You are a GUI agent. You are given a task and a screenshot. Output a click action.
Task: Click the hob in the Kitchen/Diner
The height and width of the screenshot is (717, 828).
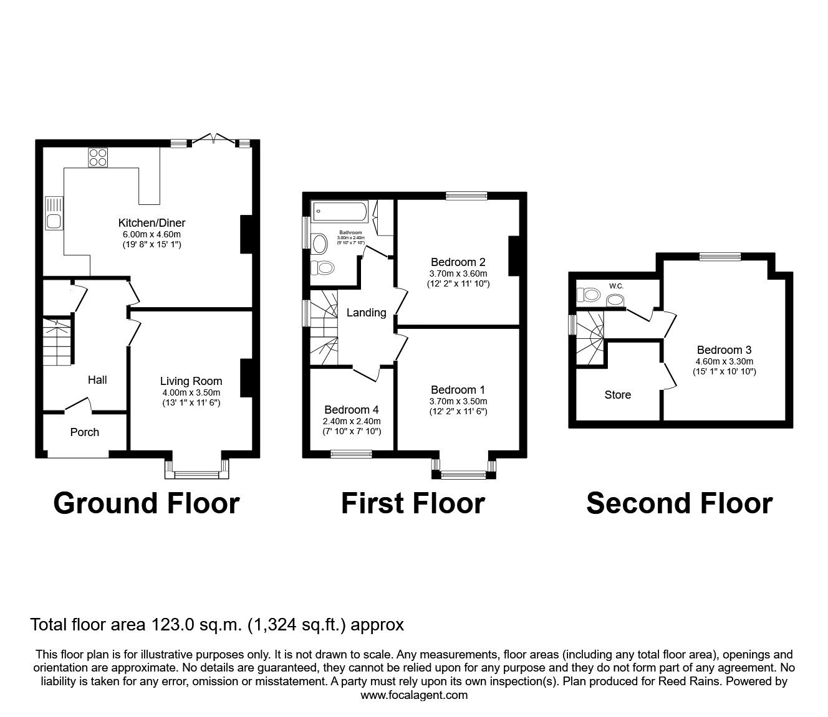coord(98,156)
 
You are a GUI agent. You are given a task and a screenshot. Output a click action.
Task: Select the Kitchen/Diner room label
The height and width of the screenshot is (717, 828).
coord(152,223)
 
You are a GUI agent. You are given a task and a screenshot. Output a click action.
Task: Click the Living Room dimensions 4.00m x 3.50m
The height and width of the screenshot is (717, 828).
coord(191,392)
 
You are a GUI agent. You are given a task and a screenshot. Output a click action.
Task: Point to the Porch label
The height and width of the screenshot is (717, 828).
coord(84,432)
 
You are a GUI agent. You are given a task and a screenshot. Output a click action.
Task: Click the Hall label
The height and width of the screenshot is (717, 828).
coord(97,380)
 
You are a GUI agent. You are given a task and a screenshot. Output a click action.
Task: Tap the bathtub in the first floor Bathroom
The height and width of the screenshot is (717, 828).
coord(340,211)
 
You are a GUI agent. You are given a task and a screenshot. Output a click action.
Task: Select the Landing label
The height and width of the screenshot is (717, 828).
coord(366,313)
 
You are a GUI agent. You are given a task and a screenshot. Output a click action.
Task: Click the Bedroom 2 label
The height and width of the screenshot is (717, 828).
coord(458,262)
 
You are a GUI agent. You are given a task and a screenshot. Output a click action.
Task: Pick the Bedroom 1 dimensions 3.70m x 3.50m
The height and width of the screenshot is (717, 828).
coord(458,401)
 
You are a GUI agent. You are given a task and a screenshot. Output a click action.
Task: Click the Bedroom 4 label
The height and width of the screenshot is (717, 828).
coord(352,410)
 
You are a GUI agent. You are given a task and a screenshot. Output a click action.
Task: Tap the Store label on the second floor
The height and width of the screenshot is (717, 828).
coord(617,395)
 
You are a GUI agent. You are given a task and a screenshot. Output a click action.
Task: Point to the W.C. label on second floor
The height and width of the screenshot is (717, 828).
coord(616,286)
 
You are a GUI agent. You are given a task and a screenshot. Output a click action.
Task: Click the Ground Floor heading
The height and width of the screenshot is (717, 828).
coord(147,503)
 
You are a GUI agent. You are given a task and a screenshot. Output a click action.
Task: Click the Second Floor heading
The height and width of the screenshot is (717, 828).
coord(679,503)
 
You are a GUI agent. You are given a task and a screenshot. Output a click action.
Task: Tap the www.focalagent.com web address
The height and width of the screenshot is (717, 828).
coord(414,695)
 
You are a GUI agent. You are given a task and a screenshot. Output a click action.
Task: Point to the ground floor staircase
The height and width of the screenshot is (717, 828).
coord(57,341)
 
